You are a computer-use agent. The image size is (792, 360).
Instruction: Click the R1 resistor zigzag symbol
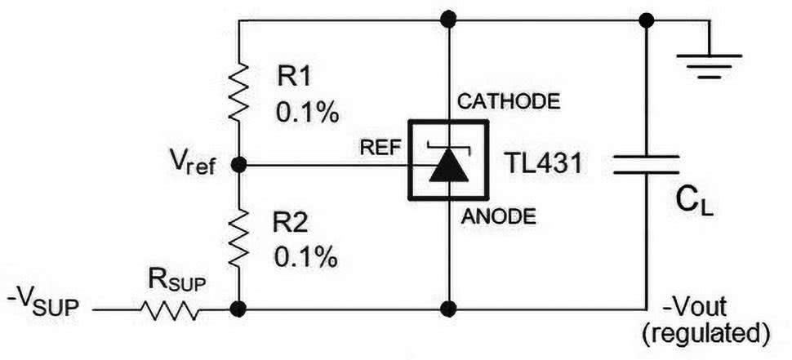point(238,91)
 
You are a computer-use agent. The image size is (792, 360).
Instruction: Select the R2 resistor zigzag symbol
point(238,236)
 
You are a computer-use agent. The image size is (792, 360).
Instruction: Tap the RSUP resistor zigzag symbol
point(169,309)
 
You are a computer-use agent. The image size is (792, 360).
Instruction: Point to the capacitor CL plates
point(647,164)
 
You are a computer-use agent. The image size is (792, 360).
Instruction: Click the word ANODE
point(498,217)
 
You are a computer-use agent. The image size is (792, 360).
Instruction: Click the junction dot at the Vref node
point(238,165)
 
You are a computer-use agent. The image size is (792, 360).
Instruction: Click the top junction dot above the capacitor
point(647,20)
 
